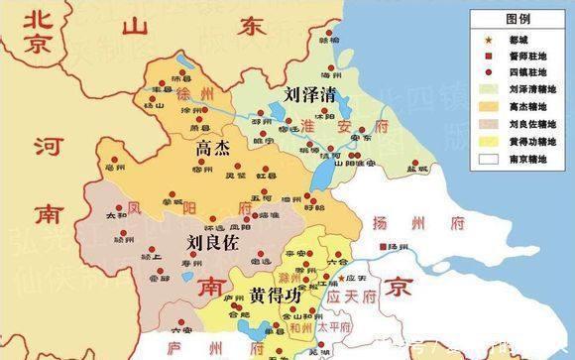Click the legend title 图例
pyautogui.click(x=517, y=18)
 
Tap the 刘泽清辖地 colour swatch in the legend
pyautogui.click(x=488, y=89)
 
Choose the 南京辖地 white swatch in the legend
pyautogui.click(x=488, y=158)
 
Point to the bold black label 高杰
pyautogui.click(x=213, y=148)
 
